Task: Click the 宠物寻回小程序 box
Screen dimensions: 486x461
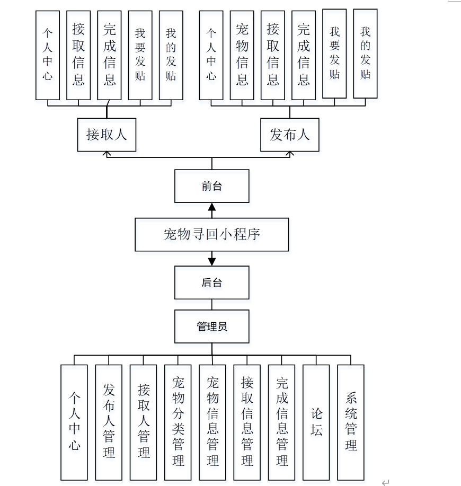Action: click(x=211, y=234)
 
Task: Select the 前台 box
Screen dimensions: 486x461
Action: click(x=211, y=186)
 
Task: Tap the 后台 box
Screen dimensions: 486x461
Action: click(x=211, y=282)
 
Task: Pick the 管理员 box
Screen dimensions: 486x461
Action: click(x=211, y=326)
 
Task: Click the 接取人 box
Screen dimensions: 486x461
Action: click(x=107, y=135)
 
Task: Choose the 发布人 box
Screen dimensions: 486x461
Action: click(x=290, y=135)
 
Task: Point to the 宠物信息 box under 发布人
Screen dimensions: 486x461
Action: click(x=242, y=55)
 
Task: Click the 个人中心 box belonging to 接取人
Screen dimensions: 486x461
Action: click(x=48, y=55)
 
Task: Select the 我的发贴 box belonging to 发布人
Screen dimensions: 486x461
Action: click(x=365, y=54)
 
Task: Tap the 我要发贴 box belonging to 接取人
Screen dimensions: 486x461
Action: click(x=140, y=55)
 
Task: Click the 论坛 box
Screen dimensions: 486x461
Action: click(x=316, y=422)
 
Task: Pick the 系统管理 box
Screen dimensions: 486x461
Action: click(x=351, y=422)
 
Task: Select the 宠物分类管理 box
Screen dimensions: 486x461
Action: click(x=178, y=422)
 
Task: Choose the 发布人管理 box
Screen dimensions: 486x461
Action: click(x=109, y=422)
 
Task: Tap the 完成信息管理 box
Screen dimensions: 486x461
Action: click(x=282, y=422)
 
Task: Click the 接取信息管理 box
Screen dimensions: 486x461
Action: click(x=247, y=422)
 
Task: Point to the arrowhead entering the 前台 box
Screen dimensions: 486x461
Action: click(x=212, y=207)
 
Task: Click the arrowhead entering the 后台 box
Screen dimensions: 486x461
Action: click(x=212, y=261)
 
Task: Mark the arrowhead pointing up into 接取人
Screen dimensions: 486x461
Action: click(x=107, y=154)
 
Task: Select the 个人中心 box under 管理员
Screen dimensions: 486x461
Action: click(x=74, y=422)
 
